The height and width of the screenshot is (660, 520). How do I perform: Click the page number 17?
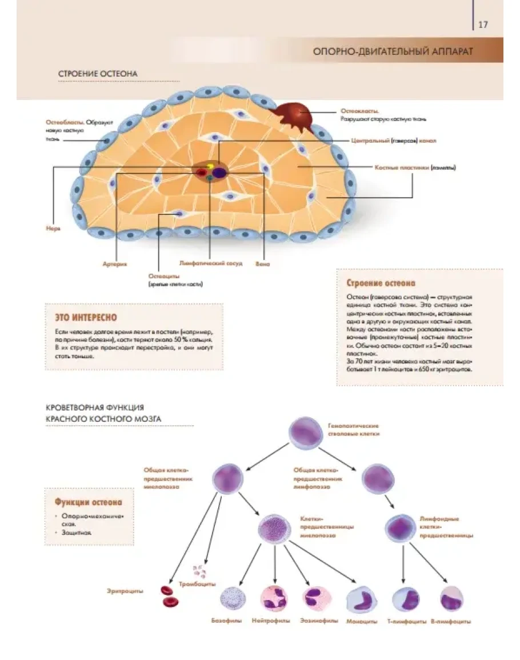(483, 25)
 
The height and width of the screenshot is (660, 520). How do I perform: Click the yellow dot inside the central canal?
(210, 167)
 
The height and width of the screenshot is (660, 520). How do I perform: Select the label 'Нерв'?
(53, 228)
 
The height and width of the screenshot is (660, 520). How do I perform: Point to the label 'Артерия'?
(115, 265)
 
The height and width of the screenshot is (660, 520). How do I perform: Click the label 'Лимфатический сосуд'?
(211, 264)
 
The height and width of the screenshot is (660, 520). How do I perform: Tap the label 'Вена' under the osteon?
(263, 265)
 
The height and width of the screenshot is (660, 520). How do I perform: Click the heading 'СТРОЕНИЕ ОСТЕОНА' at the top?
(98, 74)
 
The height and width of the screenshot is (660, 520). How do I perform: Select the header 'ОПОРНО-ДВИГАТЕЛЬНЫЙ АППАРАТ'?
(393, 51)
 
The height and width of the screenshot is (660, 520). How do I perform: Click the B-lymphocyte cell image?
(451, 598)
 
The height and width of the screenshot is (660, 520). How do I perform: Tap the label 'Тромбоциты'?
(197, 584)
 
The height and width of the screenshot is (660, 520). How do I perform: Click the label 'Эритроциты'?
(125, 591)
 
